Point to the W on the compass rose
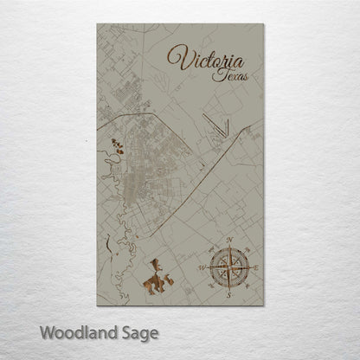coord(202,268)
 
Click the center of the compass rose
coord(228,268)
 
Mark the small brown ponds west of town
coord(117,148)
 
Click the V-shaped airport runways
coord(219,127)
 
